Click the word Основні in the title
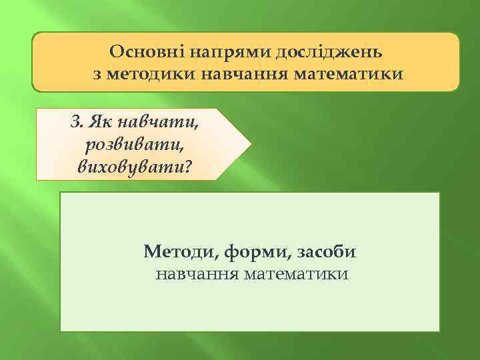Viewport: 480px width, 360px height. point(141,51)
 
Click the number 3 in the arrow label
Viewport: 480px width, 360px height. point(75,123)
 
